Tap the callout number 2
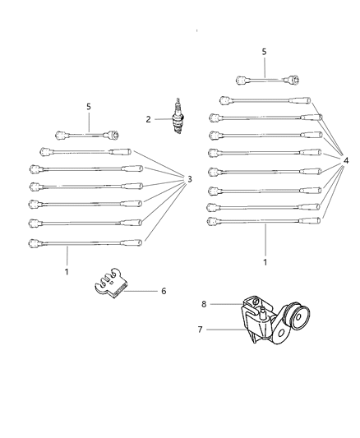coord(149,119)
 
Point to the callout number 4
coord(346,161)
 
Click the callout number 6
coord(164,290)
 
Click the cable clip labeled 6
coord(110,284)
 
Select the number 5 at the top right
coord(264,52)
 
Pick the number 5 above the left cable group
coord(89,106)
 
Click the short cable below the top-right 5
coord(267,81)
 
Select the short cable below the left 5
coord(88,135)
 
